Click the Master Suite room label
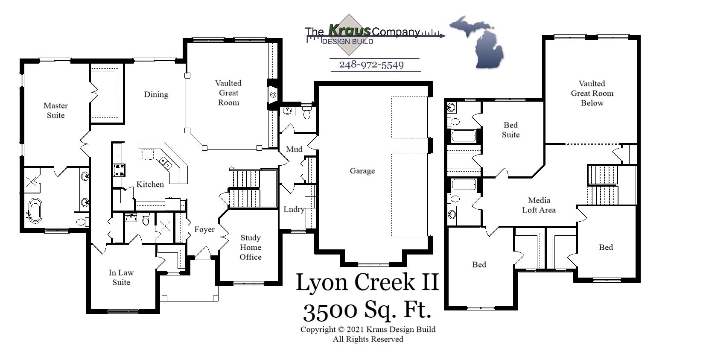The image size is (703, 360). pyautogui.click(x=55, y=110)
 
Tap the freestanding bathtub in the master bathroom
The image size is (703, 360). pyautogui.click(x=35, y=211)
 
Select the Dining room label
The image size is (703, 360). pyautogui.click(x=156, y=94)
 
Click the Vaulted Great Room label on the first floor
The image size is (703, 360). pyautogui.click(x=228, y=93)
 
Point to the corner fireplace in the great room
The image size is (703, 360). pyautogui.click(x=273, y=94)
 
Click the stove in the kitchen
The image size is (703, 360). pyautogui.click(x=119, y=170)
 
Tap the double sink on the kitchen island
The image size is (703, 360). pyautogui.click(x=166, y=162)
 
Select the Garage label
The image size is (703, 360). pyautogui.click(x=362, y=171)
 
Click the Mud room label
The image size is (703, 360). pyautogui.click(x=294, y=149)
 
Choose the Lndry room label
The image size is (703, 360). pyautogui.click(x=294, y=209)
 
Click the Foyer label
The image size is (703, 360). pyautogui.click(x=204, y=229)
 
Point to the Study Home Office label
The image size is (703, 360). pyautogui.click(x=250, y=247)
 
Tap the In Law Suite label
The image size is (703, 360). pyautogui.click(x=121, y=277)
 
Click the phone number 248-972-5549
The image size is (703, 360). pyautogui.click(x=371, y=65)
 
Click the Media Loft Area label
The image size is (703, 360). pyautogui.click(x=539, y=205)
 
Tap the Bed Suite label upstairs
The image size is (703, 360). pyautogui.click(x=510, y=130)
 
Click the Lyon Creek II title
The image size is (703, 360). pyautogui.click(x=367, y=283)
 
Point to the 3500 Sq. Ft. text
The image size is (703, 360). pyautogui.click(x=367, y=310)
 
